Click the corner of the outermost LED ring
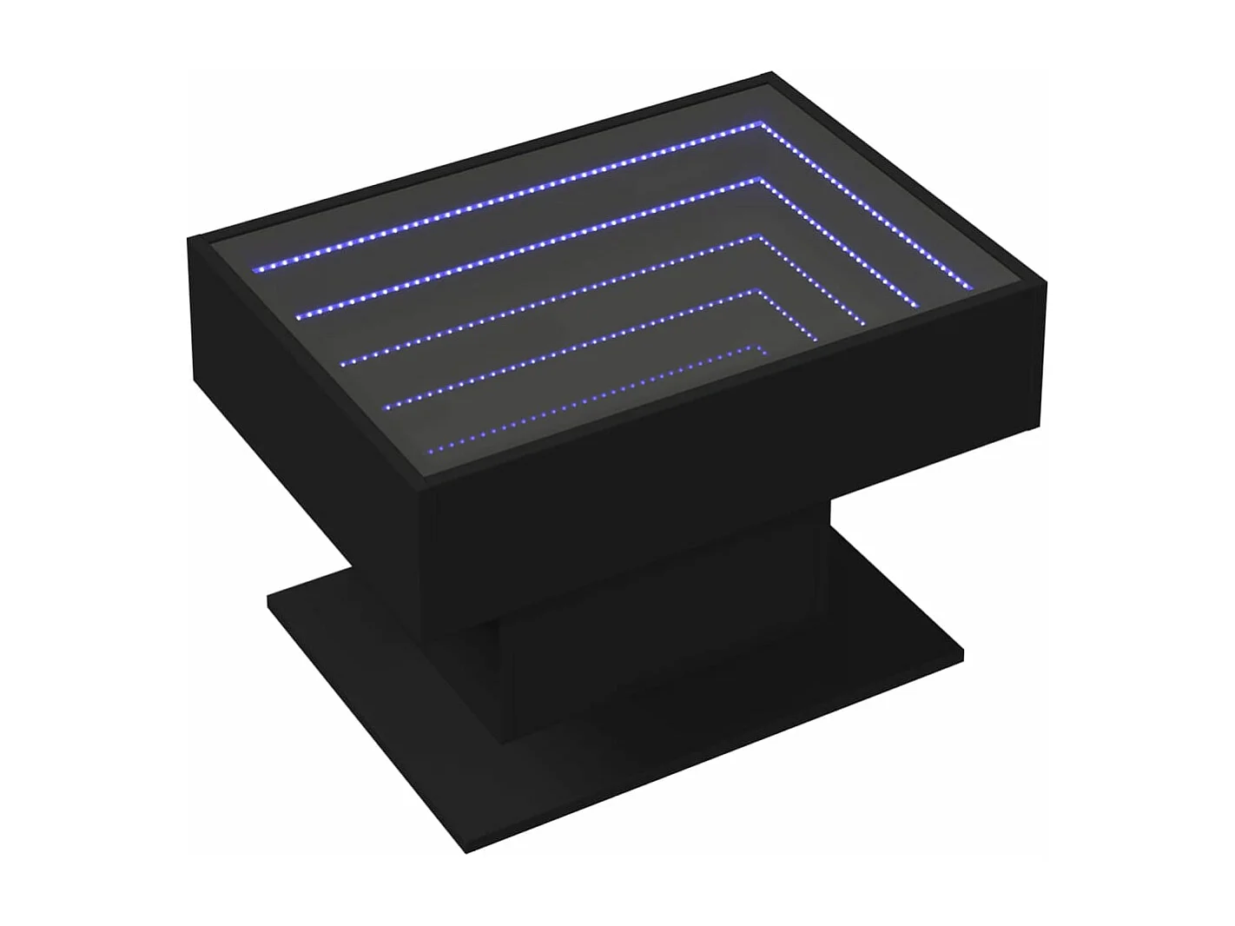point(762,124)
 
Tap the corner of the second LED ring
point(762,180)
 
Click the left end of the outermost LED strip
point(254,269)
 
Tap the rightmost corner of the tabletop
point(1047,283)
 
